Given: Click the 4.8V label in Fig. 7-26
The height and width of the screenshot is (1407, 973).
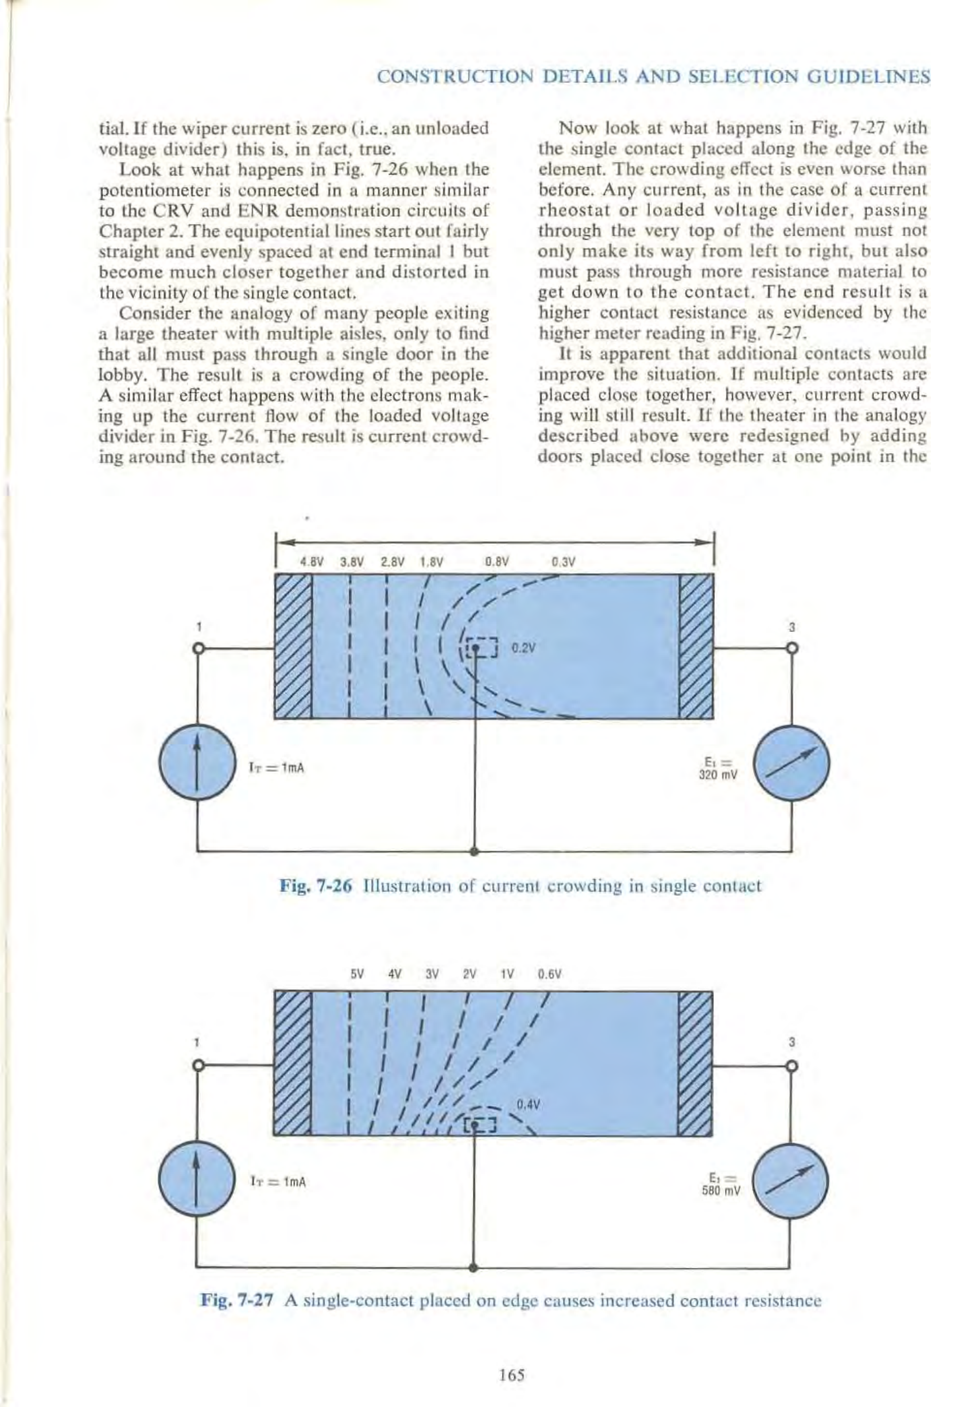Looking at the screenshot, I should [312, 562].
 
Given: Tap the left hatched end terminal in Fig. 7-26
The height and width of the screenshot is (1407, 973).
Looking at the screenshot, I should [293, 646].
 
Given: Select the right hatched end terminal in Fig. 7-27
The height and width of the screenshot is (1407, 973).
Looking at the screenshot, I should [695, 1063].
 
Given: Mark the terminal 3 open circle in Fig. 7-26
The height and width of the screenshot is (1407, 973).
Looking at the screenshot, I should [792, 648].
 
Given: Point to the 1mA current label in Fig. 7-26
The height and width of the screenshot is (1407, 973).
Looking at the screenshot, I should [277, 768].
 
